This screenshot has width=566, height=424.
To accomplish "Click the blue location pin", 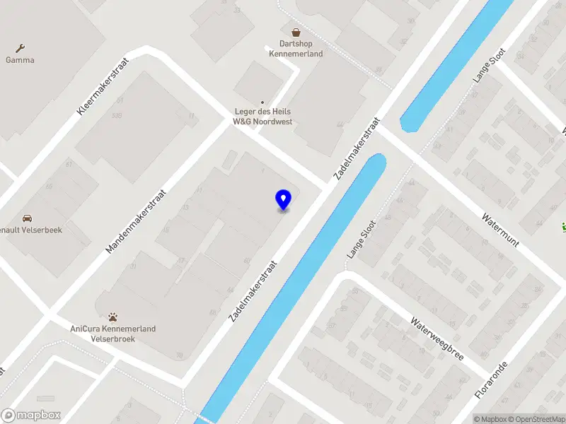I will point(283,200).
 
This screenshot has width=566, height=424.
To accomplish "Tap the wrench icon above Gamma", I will point(20,48).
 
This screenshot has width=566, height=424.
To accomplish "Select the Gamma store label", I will point(20,60).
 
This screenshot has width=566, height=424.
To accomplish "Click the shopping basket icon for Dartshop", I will point(296,32).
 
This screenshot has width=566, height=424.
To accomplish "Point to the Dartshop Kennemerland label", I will point(296,49).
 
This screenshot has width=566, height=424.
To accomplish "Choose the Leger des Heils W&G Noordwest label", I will point(262,117).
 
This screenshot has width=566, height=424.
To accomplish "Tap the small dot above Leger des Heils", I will point(262,102).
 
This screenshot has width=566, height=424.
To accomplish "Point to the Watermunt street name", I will point(501,230).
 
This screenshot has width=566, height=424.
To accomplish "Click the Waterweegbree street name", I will point(437,338).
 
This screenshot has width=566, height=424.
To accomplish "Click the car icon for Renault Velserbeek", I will point(27,218).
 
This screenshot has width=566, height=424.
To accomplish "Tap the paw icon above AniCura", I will point(112,317).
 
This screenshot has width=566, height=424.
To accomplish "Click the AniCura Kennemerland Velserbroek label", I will point(112,334).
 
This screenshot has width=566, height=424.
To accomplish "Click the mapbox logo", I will point(31,416).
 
